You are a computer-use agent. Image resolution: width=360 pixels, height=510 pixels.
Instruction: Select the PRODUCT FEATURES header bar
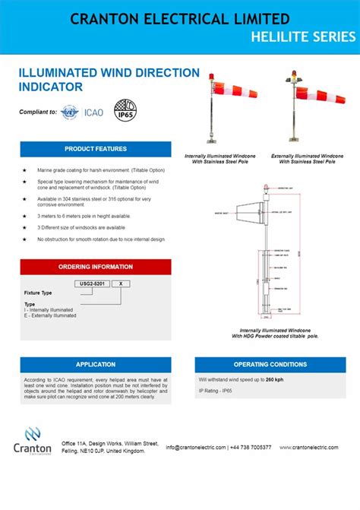(x=96, y=148)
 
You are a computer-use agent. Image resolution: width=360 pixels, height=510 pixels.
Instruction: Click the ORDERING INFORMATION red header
(x=96, y=267)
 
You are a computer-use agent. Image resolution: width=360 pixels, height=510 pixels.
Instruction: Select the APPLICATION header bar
(x=96, y=364)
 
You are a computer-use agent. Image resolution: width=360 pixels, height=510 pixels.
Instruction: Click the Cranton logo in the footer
(x=33, y=442)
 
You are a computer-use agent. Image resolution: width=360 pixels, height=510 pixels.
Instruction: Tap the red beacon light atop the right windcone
(x=295, y=74)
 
